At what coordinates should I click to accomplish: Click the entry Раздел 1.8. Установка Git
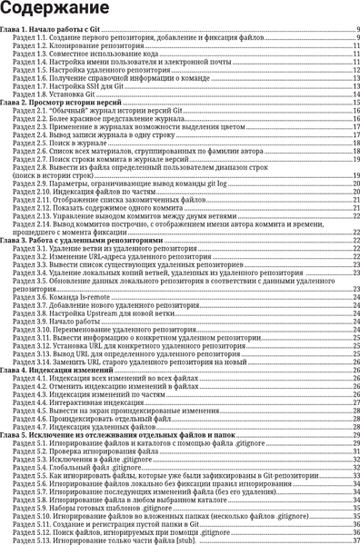[55, 94]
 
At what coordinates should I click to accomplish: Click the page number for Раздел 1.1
[355, 39]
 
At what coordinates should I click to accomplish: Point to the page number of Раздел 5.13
[353, 540]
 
